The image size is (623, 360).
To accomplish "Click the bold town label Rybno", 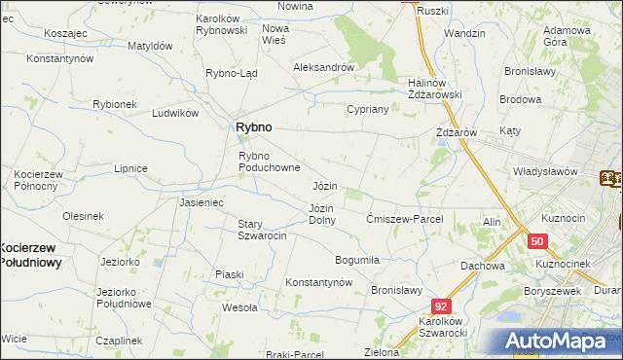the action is (x=253, y=126).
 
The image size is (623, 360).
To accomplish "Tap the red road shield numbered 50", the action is (x=538, y=240).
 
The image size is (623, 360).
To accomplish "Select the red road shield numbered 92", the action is (x=442, y=305).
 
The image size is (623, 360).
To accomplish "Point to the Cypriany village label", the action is (x=368, y=109).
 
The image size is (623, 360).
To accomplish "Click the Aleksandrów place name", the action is (x=323, y=67).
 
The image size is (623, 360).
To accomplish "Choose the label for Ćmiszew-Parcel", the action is (x=404, y=219).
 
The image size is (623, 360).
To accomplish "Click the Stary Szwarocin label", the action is (x=262, y=231).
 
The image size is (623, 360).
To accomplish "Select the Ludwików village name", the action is (x=175, y=113).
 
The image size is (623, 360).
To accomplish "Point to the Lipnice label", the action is (x=129, y=168).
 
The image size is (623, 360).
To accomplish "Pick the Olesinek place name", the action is (x=83, y=215).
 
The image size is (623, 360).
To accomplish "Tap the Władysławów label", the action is (x=546, y=171).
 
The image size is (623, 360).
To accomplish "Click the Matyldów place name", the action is (x=151, y=46).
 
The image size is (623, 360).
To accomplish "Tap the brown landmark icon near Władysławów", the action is (x=610, y=178).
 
